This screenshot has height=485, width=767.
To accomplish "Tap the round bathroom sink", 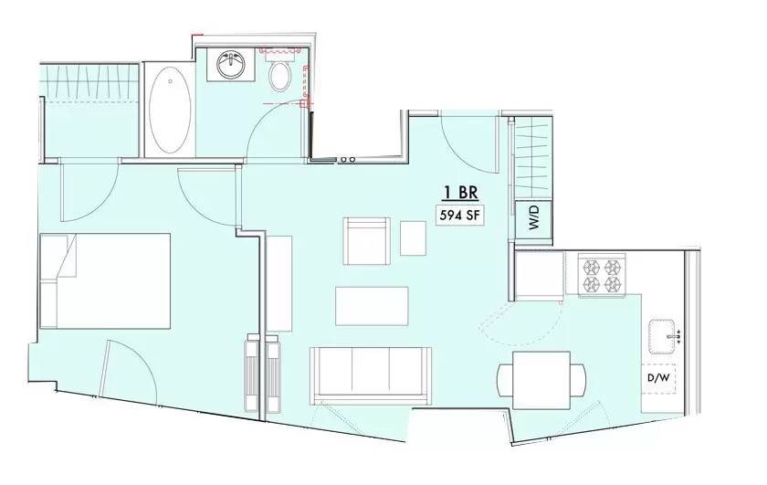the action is pyautogui.click(x=231, y=64).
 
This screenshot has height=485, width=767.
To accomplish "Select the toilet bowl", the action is pyautogui.click(x=280, y=76).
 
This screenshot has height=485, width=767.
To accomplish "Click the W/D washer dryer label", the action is pyautogui.click(x=533, y=217).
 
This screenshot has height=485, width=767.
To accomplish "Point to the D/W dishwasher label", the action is pyautogui.click(x=657, y=378).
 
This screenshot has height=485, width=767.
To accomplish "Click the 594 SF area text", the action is pyautogui.click(x=459, y=216).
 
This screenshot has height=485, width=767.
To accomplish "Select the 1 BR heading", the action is pyautogui.click(x=460, y=193).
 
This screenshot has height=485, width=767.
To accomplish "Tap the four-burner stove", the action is pyautogui.click(x=602, y=275).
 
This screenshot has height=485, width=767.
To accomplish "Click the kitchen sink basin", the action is pyautogui.click(x=662, y=337).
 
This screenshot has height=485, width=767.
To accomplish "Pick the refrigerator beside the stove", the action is pyautogui.click(x=540, y=276).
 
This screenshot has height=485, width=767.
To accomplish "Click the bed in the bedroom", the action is pyautogui.click(x=105, y=281).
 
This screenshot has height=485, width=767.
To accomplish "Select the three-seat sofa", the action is pyautogui.click(x=371, y=375).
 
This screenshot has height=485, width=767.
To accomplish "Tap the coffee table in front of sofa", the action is pyautogui.click(x=372, y=306).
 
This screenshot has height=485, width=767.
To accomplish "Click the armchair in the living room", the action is pyautogui.click(x=367, y=241).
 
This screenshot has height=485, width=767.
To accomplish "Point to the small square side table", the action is pyautogui.click(x=413, y=237).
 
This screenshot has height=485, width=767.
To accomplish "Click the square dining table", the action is pyautogui.click(x=541, y=380).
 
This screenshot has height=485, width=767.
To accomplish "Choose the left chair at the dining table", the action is pyautogui.click(x=504, y=380).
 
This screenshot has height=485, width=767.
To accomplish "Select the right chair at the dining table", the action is pyautogui.click(x=578, y=380).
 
